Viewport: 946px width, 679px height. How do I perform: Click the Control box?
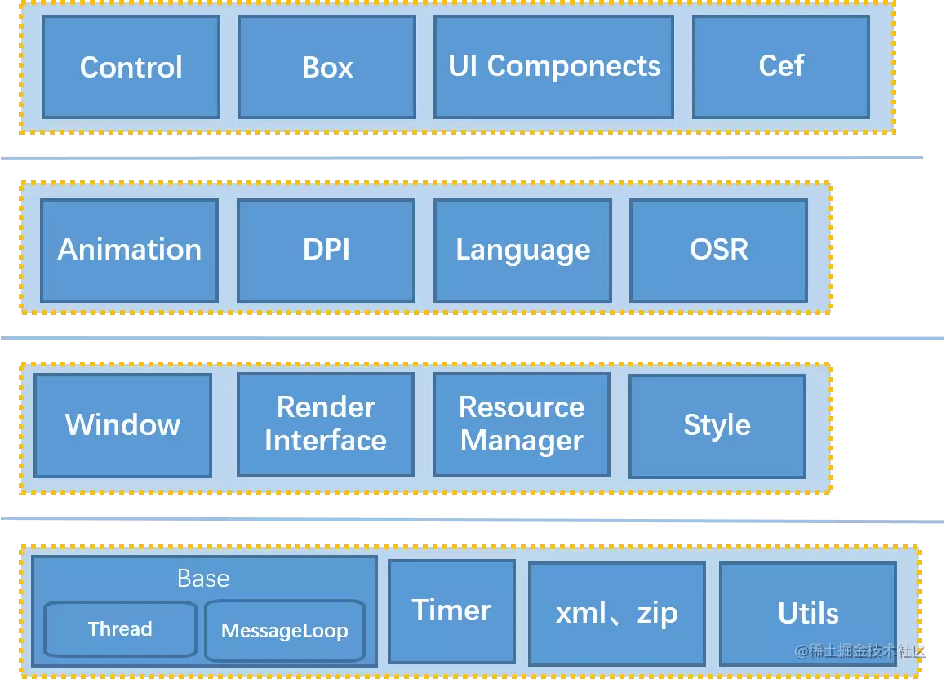[131, 67]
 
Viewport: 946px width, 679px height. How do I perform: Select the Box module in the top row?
[327, 67]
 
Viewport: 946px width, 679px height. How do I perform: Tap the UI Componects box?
[554, 67]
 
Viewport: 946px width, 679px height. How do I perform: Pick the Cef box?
[781, 67]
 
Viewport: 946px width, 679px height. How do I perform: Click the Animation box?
[129, 251]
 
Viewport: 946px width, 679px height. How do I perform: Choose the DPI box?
[326, 251]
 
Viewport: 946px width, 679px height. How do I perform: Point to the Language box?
[522, 251]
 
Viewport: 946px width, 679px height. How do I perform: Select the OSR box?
[718, 251]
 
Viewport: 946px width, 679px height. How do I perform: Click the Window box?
[123, 425]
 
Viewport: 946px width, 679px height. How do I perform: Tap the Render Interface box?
[326, 424]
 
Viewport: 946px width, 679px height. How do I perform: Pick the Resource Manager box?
[522, 424]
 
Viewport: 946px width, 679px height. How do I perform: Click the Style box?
[717, 426]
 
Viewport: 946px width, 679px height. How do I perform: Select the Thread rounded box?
[121, 629]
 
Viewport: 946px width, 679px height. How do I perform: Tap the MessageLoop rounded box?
[285, 630]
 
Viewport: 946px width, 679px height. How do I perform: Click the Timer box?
[452, 611]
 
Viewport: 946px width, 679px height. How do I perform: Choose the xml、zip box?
[617, 614]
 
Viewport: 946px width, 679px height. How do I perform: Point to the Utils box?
[808, 614]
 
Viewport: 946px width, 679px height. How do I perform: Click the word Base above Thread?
[203, 579]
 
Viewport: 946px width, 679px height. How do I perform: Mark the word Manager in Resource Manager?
[522, 441]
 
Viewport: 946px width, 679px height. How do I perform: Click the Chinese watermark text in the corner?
[860, 650]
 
